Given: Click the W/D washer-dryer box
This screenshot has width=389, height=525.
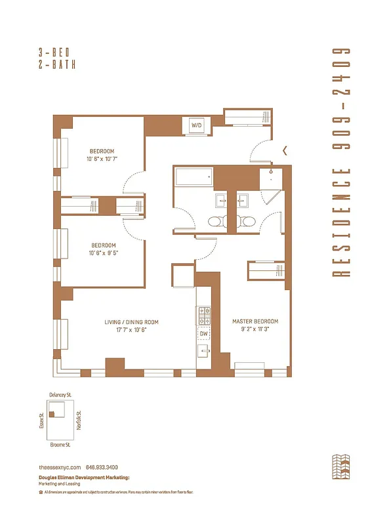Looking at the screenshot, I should (x=196, y=125).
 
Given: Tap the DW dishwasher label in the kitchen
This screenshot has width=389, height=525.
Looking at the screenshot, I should (x=203, y=333).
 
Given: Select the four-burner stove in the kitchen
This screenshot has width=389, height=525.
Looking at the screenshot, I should (x=203, y=316).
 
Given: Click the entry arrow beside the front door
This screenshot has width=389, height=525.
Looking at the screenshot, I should (x=285, y=150).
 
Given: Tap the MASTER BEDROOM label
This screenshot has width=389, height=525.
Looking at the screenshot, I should (x=255, y=322).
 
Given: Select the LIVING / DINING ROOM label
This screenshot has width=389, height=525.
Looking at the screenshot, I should (x=132, y=322).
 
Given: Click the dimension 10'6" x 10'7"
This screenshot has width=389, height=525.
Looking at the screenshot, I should (x=102, y=159).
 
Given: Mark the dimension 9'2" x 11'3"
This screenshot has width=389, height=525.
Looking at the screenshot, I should (x=255, y=329).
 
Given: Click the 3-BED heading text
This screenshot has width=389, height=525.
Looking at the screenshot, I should (x=56, y=52).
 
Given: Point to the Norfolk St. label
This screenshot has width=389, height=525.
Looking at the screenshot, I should (x=78, y=419).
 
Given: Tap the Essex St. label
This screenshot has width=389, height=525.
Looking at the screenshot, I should (x=41, y=419).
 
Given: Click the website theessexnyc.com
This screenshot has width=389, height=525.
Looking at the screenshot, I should (x=59, y=467).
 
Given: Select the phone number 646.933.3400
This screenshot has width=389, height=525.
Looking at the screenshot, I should (x=106, y=467).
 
